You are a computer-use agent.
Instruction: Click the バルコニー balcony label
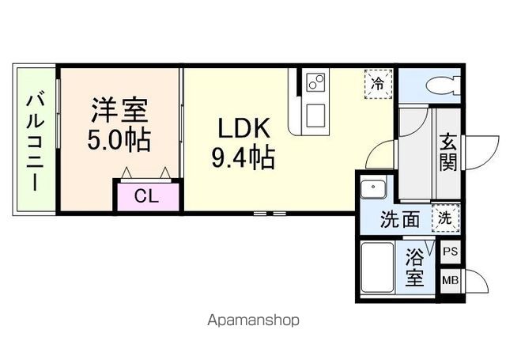[x=35, y=142]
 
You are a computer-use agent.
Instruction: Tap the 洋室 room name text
[x=119, y=109]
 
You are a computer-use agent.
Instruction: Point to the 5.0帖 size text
[x=119, y=140]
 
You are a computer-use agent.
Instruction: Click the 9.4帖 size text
[x=242, y=158]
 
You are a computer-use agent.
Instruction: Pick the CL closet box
[x=145, y=196]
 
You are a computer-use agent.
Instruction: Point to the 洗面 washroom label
[x=400, y=219]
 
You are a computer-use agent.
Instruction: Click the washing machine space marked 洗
[x=444, y=218]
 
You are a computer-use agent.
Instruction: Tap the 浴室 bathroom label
[x=415, y=267]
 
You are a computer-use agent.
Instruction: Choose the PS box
[x=450, y=252]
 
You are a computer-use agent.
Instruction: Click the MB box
[x=450, y=280]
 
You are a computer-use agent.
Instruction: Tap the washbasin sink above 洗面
[x=372, y=189]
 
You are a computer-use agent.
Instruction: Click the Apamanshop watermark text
[x=253, y=320]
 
